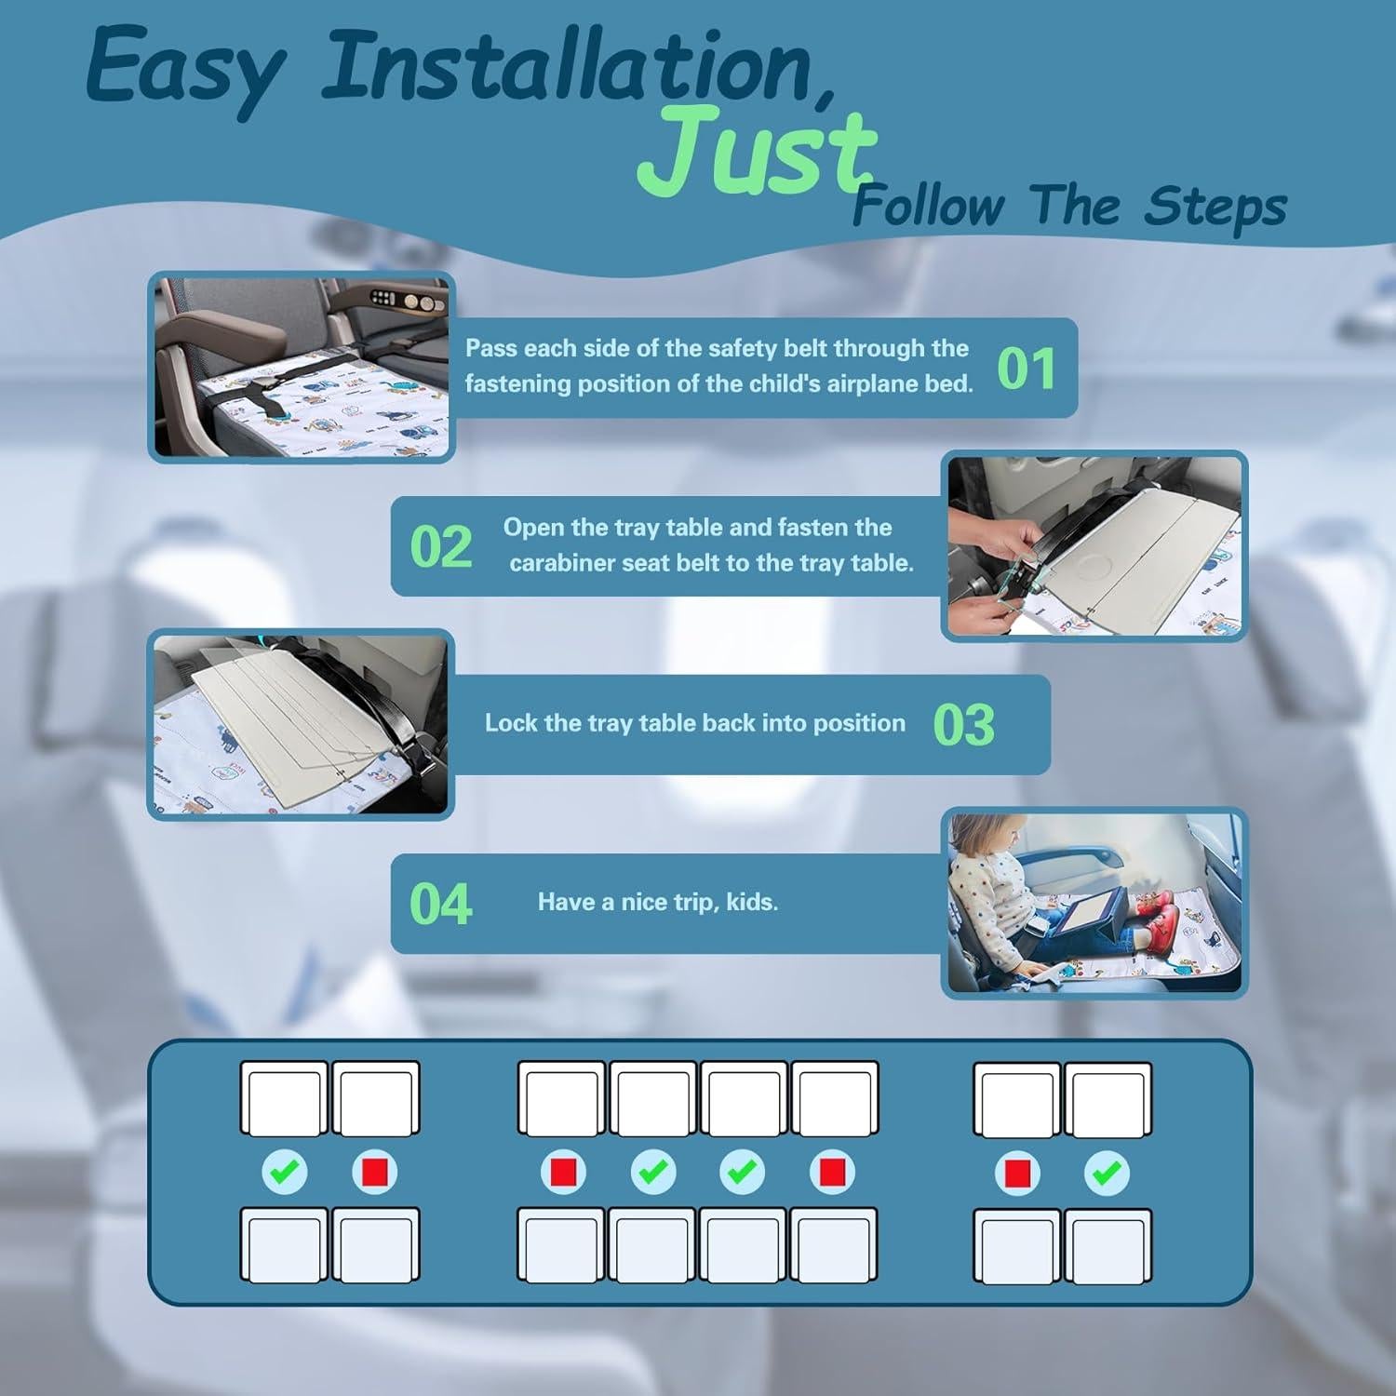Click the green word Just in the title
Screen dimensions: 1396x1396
pyautogui.click(x=756, y=151)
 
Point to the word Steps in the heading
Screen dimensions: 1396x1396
pyautogui.click(x=1215, y=207)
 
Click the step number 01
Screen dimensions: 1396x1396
pyautogui.click(x=1026, y=369)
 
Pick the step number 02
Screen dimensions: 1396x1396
pyautogui.click(x=440, y=547)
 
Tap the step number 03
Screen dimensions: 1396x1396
pyautogui.click(x=963, y=726)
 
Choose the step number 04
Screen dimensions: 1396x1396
pyautogui.click(x=440, y=905)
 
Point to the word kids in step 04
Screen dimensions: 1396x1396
pyautogui.click(x=751, y=902)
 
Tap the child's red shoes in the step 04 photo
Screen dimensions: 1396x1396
pyautogui.click(x=1161, y=922)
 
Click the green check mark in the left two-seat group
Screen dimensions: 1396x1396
pyautogui.click(x=285, y=1172)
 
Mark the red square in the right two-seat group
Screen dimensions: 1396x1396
pyautogui.click(x=1017, y=1173)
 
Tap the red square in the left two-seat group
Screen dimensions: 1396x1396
pyautogui.click(x=375, y=1172)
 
